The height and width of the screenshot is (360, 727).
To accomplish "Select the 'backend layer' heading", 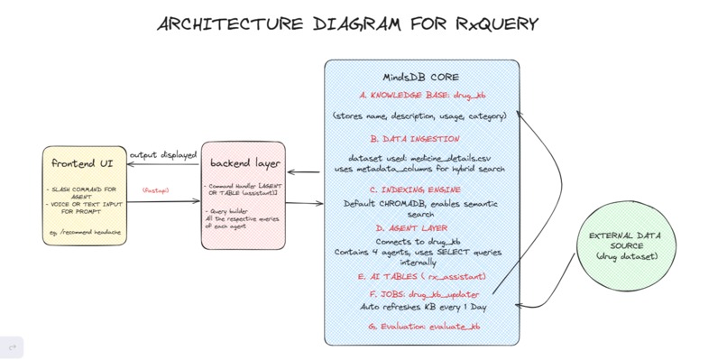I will coord(244,163).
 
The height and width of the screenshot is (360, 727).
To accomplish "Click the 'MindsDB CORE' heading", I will coord(421,77).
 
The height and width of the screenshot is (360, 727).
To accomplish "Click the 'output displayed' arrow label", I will coord(162,155).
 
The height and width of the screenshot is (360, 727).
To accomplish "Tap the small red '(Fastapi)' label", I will coord(156,191).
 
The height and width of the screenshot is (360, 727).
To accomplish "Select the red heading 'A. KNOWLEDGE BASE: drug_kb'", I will coord(421,94).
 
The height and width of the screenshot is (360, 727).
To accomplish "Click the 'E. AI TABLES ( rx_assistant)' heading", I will coord(421,276).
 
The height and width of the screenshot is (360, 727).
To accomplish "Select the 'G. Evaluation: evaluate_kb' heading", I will coord(424,326).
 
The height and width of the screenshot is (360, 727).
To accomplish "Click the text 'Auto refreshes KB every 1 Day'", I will coord(423,307).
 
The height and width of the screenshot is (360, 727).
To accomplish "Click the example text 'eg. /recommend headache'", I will coord(84,233).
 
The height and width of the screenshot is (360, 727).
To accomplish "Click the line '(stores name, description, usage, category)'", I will coord(419,116).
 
